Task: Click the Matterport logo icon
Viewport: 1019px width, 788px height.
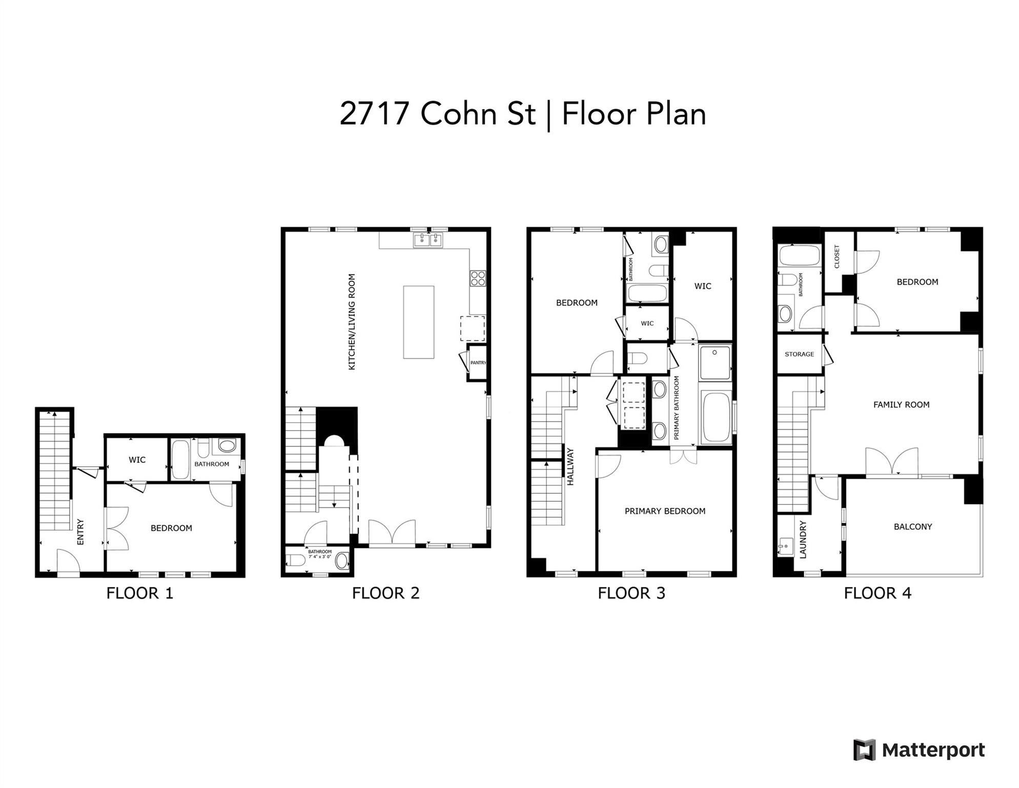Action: click(x=864, y=750)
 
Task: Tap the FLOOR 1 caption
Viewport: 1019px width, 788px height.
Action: click(x=140, y=594)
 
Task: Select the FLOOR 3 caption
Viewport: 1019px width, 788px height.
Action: click(x=631, y=594)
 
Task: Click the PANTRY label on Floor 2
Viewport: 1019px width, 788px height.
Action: click(x=478, y=363)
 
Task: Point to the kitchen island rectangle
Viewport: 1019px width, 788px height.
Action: click(x=419, y=322)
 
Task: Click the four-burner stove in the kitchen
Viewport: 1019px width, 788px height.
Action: click(x=478, y=279)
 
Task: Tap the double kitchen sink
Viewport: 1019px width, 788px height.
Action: click(x=428, y=240)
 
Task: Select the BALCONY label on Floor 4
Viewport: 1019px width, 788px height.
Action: click(x=913, y=526)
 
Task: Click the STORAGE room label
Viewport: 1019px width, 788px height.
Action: click(x=799, y=354)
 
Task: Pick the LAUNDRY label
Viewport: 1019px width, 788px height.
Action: click(x=803, y=539)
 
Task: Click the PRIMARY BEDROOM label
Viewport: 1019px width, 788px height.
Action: click(x=665, y=511)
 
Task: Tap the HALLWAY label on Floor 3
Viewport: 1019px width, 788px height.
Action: click(x=570, y=466)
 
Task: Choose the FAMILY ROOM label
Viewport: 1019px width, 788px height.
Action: click(x=901, y=405)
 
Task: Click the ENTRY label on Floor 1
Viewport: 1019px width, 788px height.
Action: click(x=80, y=532)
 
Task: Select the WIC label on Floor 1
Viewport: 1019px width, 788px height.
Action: click(x=137, y=460)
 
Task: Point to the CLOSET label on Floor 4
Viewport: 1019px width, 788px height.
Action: click(x=837, y=257)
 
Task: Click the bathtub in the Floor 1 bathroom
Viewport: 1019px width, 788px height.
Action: click(x=180, y=459)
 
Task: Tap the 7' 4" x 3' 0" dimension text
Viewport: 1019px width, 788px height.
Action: click(x=320, y=556)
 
